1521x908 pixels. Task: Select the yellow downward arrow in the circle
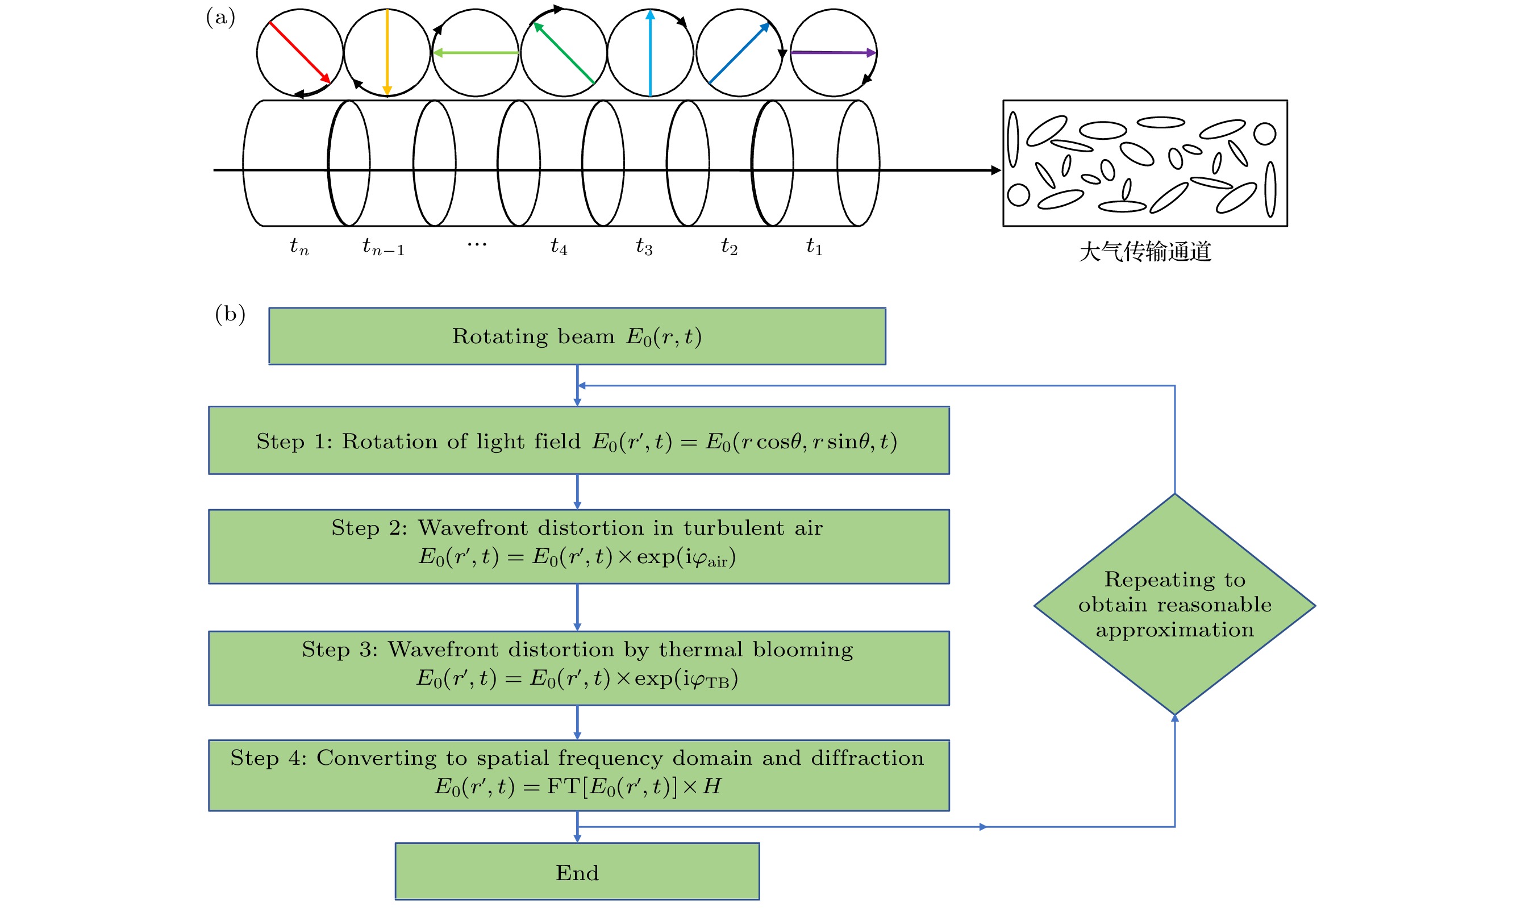387,52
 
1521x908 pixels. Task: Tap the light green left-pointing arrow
476,53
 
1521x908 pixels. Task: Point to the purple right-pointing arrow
833,53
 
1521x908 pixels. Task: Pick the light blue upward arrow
650,53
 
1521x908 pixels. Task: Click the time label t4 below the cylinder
559,247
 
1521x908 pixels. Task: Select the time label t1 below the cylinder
814,247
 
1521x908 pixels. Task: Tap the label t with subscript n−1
383,247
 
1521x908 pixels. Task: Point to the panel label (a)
221,17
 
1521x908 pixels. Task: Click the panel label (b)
230,314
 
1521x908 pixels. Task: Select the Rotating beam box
577,336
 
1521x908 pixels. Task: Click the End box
577,872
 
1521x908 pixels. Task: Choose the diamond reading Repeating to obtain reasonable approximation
1174,605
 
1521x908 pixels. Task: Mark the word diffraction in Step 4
867,758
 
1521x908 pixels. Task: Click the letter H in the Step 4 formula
711,786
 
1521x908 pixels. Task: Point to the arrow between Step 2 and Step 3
577,607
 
